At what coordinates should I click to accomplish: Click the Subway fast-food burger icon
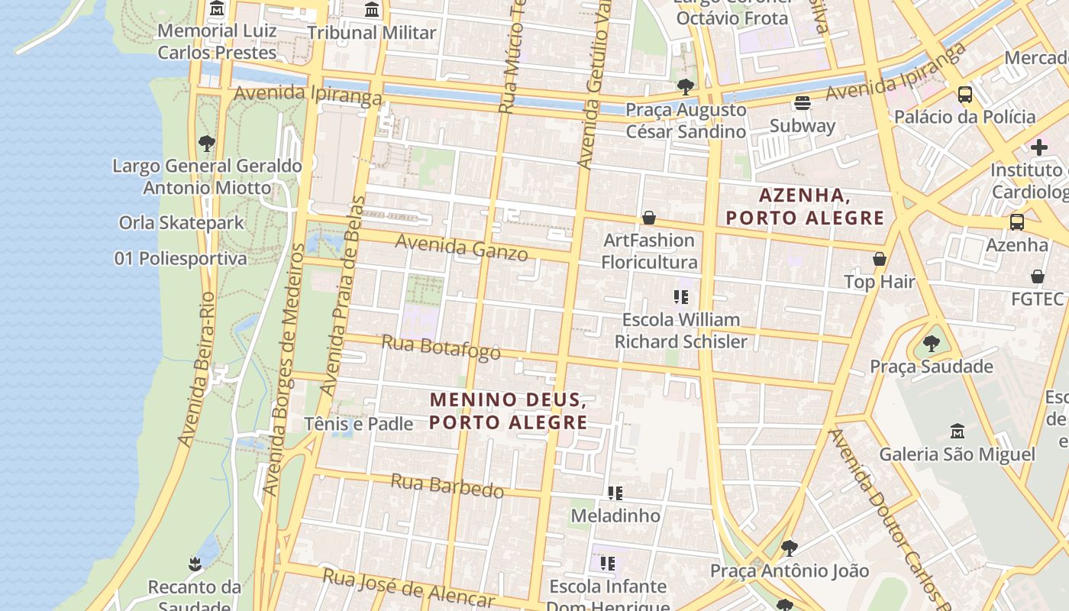(x=802, y=102)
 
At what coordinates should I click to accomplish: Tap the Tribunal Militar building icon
(x=372, y=10)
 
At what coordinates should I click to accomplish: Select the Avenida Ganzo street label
(x=461, y=247)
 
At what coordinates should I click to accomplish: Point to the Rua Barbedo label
(x=447, y=486)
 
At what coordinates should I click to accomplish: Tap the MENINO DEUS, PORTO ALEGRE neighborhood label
(x=509, y=411)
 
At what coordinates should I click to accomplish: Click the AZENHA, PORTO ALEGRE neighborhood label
(x=805, y=207)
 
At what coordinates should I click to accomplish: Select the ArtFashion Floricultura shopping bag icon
(x=649, y=218)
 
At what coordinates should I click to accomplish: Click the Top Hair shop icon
(x=880, y=260)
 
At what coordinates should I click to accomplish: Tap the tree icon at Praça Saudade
(x=931, y=344)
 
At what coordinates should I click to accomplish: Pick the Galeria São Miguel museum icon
(x=957, y=432)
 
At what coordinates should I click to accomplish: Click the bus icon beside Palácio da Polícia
(x=965, y=95)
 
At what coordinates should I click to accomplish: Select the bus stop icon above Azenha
(x=1017, y=222)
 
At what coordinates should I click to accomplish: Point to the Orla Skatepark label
(x=182, y=223)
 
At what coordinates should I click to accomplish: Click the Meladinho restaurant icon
(x=615, y=493)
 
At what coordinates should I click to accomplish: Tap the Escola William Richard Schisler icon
(x=680, y=296)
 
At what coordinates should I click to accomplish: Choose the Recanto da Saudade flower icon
(x=195, y=564)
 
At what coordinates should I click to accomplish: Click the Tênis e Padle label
(x=358, y=424)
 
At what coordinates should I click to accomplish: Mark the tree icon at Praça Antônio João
(x=789, y=548)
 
